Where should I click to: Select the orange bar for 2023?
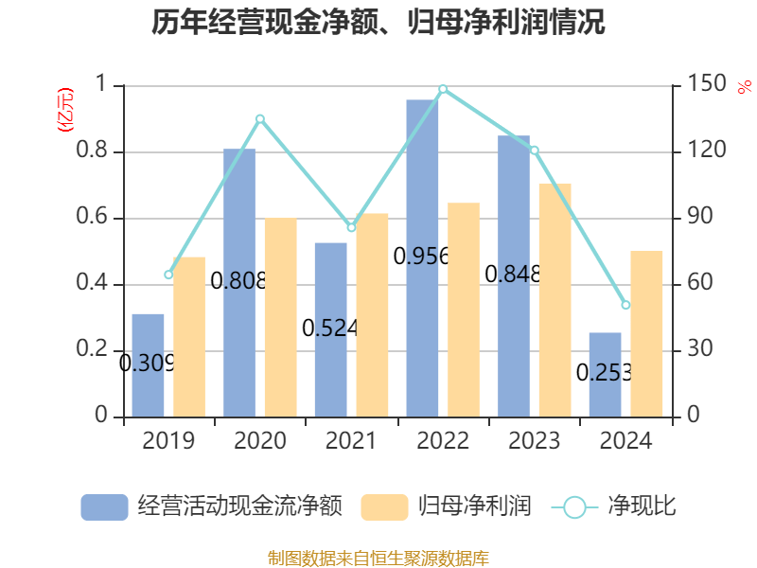coord(555,299)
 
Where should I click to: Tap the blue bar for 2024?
coord(605,374)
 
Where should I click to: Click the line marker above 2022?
coord(443,89)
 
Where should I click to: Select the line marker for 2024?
coord(625,305)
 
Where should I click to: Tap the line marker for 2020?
coord(260,118)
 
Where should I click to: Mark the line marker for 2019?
coord(168,275)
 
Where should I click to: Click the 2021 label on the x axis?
coord(351,441)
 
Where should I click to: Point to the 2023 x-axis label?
coord(534,441)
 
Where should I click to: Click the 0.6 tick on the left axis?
coord(97,218)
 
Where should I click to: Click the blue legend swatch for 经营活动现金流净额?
coord(104,506)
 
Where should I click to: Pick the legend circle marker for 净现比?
coord(574,506)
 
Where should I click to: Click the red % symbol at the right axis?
coord(744,87)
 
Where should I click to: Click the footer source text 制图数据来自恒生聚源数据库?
coord(378,558)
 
